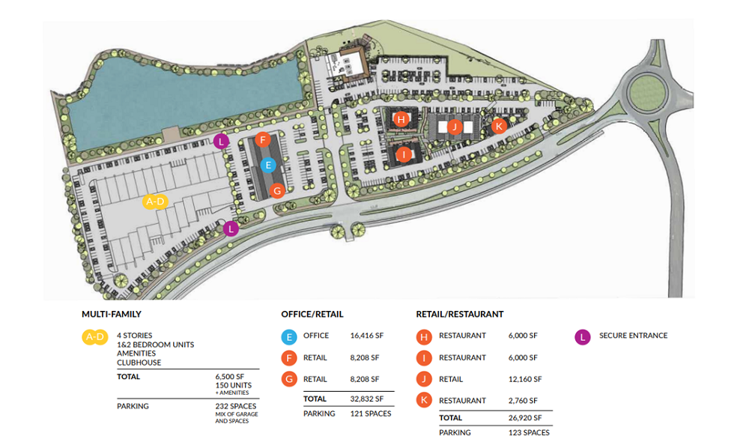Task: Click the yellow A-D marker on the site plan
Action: click(155, 201)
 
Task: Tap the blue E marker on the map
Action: click(268, 165)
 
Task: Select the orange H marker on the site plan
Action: click(401, 119)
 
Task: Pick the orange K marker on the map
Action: click(499, 126)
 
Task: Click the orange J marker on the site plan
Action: click(454, 127)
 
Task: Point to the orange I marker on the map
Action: click(404, 155)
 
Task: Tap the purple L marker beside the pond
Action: click(220, 141)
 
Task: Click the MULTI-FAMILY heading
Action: click(112, 315)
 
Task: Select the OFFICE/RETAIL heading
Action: click(312, 315)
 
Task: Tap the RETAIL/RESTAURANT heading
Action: click(460, 315)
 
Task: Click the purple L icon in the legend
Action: click(582, 336)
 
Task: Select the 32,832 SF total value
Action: click(366, 399)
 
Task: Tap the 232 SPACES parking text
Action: click(236, 406)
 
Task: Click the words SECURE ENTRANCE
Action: click(633, 336)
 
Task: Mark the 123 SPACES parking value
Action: click(529, 432)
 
